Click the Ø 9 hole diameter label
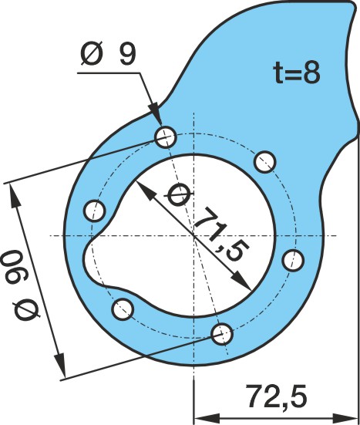109,53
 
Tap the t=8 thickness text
297,73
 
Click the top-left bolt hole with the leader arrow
166,137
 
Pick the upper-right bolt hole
265,162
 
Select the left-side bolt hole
95,211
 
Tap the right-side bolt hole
293,261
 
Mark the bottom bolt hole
222,334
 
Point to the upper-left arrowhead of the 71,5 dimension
145,191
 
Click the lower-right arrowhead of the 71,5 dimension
241,281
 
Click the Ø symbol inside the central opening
178,194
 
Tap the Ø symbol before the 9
92,53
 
